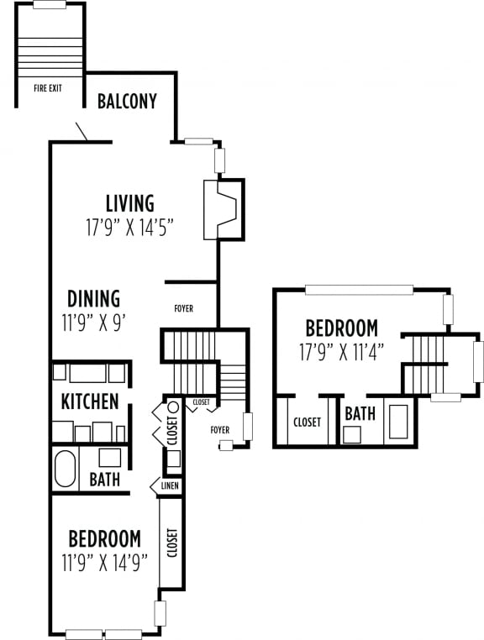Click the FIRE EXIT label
48,87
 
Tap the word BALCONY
127,102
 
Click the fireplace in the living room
224,209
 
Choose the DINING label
93,299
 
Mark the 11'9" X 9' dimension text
93,323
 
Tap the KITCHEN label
89,401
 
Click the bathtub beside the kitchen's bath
66,469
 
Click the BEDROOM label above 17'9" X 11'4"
340,328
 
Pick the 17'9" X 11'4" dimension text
340,352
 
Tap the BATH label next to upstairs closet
360,413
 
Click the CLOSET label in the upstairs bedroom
307,422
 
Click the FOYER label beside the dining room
183,309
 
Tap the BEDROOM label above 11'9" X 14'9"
104,538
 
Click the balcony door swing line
82,132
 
